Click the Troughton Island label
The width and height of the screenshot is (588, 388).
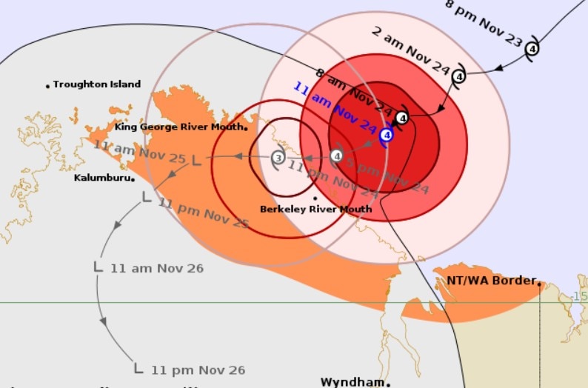(96, 84)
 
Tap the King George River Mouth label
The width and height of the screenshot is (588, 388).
(180, 127)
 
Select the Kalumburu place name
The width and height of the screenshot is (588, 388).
(102, 178)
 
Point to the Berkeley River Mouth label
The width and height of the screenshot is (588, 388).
(315, 210)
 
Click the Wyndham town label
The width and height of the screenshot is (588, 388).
(353, 382)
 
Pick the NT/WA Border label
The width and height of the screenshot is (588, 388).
(491, 281)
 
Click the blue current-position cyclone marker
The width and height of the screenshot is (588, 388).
(386, 136)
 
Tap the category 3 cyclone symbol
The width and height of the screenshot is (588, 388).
(278, 157)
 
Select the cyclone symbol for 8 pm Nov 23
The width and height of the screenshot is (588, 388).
(532, 50)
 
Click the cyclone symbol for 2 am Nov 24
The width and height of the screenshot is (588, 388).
(458, 76)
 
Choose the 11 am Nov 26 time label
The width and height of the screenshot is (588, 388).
(156, 268)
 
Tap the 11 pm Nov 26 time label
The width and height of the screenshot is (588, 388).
(198, 369)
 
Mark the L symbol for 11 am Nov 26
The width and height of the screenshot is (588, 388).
(98, 266)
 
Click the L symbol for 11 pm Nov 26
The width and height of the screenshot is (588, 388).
(138, 367)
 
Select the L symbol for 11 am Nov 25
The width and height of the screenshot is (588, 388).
(196, 160)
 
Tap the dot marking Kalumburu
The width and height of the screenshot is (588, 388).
(133, 178)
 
